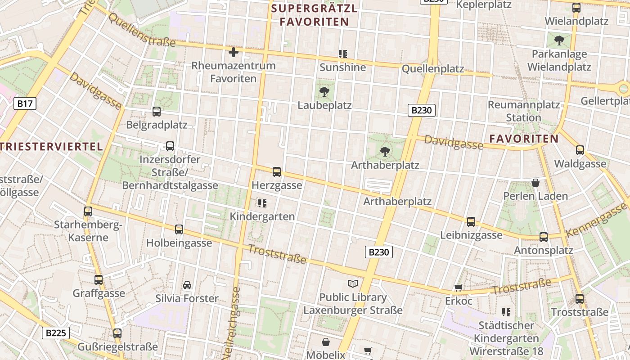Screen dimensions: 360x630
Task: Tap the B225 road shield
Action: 56,333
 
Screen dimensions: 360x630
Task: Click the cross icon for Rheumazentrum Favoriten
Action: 233,52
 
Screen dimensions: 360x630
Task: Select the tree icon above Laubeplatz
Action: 324,92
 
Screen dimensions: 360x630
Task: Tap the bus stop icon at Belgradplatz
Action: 157,111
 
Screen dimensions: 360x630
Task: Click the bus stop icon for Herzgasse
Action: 277,172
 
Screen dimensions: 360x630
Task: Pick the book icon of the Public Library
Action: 353,283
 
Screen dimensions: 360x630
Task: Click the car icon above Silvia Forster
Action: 187,285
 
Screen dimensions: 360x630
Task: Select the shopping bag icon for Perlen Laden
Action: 535,183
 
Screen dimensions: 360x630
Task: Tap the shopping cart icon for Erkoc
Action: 459,288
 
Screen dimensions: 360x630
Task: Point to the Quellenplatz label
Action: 432,69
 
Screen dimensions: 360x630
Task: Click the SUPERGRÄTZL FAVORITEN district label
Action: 315,15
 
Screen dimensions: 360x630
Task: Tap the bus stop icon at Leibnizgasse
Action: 471,221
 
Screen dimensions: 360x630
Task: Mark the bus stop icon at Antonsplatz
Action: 544,237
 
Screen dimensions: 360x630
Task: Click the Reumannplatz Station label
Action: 524,111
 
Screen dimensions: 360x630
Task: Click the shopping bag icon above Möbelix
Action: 325,342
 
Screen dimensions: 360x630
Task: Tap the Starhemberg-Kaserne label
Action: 88,231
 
